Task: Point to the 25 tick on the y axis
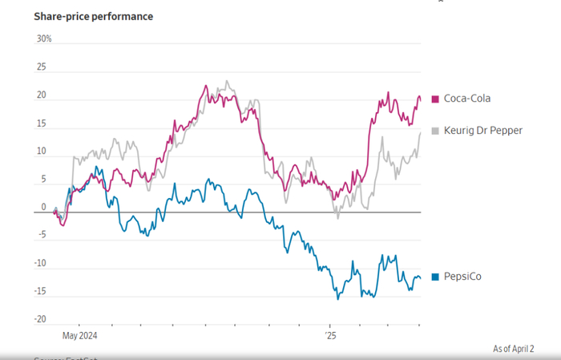[42, 68]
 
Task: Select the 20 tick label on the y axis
[42, 96]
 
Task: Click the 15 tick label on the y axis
[42, 124]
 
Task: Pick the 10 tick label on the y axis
[42, 152]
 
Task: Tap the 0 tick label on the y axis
[45, 207]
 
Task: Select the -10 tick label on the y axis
[41, 263]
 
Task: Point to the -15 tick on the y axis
[41, 291]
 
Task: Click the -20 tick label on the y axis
[41, 319]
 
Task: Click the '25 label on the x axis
[331, 336]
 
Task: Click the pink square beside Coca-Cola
[436, 99]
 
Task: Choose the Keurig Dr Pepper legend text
[483, 130]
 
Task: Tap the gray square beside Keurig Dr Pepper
[436, 130]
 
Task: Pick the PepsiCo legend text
[463, 277]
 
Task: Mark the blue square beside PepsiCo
[436, 277]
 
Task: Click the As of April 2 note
[513, 348]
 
